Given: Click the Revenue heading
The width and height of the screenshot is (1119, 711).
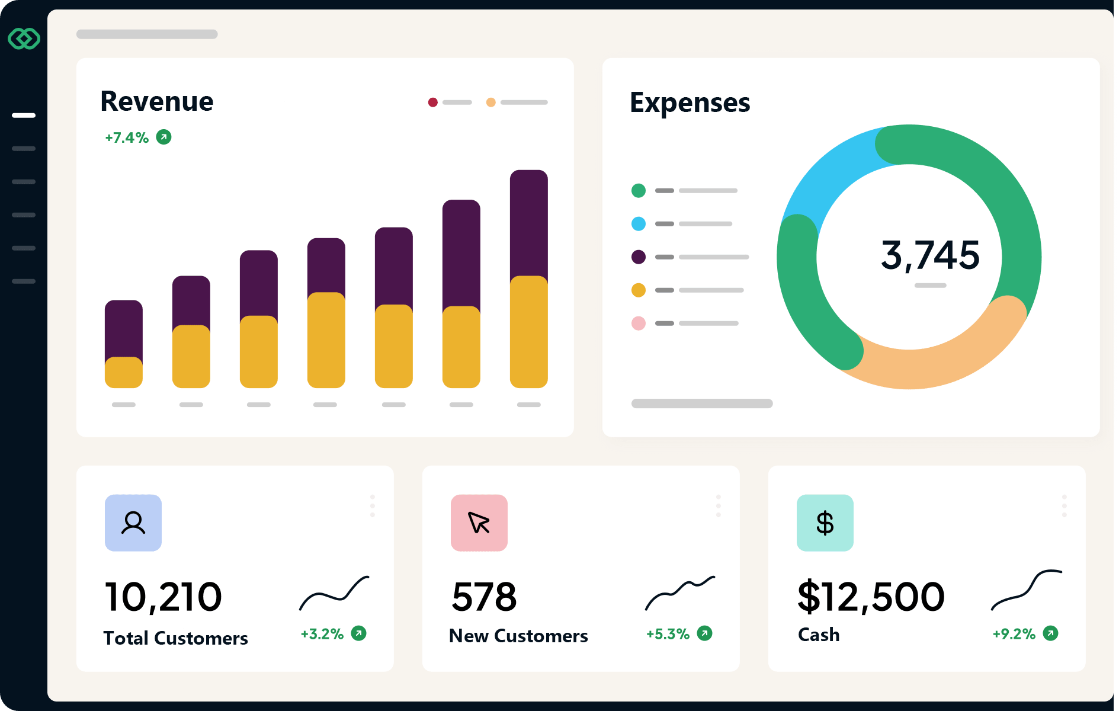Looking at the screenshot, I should pyautogui.click(x=156, y=101).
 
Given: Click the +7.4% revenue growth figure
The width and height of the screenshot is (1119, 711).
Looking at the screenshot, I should pyautogui.click(x=127, y=137).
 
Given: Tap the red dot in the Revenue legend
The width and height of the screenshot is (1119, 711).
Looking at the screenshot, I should pyautogui.click(x=433, y=103).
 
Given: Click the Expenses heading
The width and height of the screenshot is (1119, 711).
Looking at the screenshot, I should pyautogui.click(x=690, y=103).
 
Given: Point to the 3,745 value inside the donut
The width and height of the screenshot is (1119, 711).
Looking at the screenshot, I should pyautogui.click(x=930, y=255).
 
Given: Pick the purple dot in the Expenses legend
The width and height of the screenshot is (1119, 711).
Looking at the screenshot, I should pyautogui.click(x=638, y=257).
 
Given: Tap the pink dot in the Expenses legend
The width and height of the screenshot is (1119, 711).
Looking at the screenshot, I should pyautogui.click(x=638, y=324).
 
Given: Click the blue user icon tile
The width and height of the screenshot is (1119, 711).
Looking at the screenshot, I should pyautogui.click(x=133, y=523).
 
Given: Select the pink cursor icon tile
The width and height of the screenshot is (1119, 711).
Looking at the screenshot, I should pyautogui.click(x=479, y=523).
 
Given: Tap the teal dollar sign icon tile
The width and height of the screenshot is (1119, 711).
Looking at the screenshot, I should pyautogui.click(x=825, y=523).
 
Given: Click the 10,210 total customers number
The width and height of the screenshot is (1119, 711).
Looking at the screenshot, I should pyautogui.click(x=163, y=597).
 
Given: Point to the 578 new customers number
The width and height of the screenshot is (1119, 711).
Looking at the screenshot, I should pyautogui.click(x=484, y=597).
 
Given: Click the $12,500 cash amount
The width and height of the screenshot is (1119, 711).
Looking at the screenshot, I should pyautogui.click(x=871, y=597).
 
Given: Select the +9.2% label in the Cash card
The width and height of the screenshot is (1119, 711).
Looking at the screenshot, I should pyautogui.click(x=1014, y=634).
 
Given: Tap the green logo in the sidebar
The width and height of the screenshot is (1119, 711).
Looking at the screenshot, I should pyautogui.click(x=24, y=39).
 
